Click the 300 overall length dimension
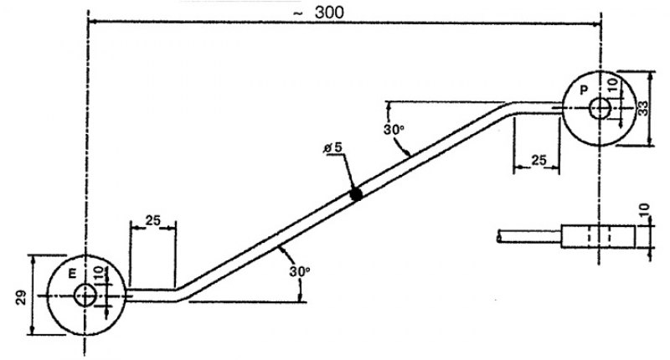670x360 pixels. tap(329, 13)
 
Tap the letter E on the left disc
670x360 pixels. tap(73, 274)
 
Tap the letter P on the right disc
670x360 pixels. tap(584, 90)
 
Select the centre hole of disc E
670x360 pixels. tap(85, 295)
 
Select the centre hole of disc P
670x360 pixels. tap(600, 109)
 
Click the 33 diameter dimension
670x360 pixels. tap(642, 108)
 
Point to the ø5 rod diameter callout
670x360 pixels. tap(333, 147)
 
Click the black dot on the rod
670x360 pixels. tap(355, 194)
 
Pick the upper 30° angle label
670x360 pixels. tap(394, 130)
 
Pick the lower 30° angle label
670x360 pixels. tap(300, 271)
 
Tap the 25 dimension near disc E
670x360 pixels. tap(152, 220)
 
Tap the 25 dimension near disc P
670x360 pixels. tap(539, 160)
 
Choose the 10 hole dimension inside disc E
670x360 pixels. tap(99, 274)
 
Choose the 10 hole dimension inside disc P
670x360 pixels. tap(612, 85)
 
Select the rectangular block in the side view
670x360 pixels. tap(598, 236)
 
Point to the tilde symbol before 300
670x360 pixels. tap(298, 13)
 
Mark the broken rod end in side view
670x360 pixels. tap(499, 236)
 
